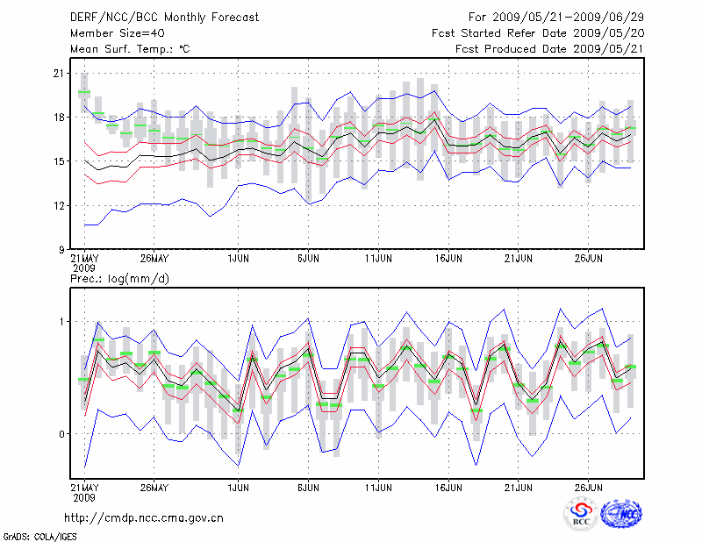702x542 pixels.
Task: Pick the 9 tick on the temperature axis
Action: (62, 249)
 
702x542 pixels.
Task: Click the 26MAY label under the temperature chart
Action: (154, 260)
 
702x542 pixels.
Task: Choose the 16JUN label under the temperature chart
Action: (448, 260)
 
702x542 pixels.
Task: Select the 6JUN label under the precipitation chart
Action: (308, 486)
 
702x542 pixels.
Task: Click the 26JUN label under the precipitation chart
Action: (589, 486)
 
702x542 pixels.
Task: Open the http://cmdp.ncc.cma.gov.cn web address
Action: (144, 517)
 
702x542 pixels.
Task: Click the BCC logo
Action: (580, 514)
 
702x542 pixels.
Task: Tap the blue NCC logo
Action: (621, 514)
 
